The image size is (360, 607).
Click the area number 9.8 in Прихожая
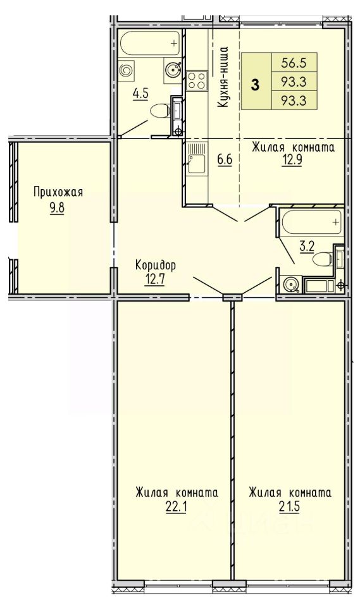coord(56,208)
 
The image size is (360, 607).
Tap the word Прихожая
coord(58,192)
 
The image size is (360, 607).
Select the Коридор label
coord(156,265)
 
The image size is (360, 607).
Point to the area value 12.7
coord(155,279)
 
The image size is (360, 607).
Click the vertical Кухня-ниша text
coord(223,77)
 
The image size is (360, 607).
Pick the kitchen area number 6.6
coord(225,159)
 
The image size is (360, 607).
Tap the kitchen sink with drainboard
coord(196,159)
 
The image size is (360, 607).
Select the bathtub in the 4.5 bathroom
coord(150,44)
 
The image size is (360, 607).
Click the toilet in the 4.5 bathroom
coord(159,111)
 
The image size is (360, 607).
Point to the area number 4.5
coord(140,94)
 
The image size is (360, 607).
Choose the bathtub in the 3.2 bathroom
coord(311,222)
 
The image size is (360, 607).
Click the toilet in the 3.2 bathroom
coord(323,259)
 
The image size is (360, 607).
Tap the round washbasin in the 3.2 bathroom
coord(290,284)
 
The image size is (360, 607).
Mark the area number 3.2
coord(306,247)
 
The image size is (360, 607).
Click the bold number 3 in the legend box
coord(255,84)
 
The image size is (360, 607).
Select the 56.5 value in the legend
coord(294,63)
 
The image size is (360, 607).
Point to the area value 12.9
coord(292,160)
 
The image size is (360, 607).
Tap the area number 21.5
coord(290,506)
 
